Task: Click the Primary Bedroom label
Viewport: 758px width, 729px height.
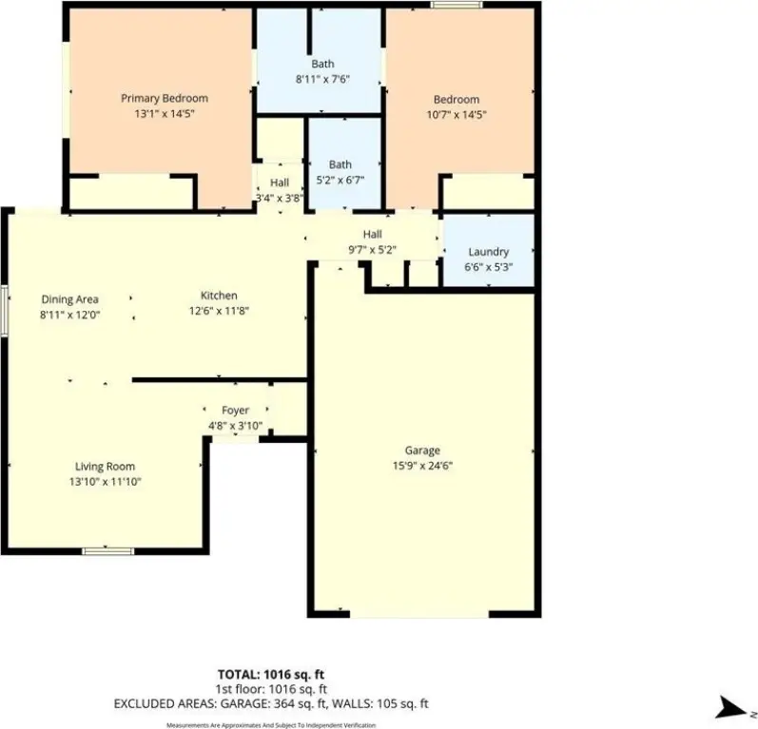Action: (x=165, y=99)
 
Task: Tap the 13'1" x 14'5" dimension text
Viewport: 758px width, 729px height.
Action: (x=165, y=114)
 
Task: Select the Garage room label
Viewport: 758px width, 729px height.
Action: (x=422, y=451)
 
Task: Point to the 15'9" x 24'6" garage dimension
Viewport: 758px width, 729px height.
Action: (x=422, y=466)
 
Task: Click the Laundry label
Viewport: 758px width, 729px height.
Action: (x=488, y=252)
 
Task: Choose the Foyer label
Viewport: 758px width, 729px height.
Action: (x=236, y=411)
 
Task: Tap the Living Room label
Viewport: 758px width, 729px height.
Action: (x=105, y=467)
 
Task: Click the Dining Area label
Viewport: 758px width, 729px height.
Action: (x=70, y=299)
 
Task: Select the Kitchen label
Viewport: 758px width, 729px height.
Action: (x=219, y=296)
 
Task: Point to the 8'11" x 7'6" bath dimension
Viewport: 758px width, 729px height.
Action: (x=322, y=79)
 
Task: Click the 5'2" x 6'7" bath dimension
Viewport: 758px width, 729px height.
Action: (x=340, y=181)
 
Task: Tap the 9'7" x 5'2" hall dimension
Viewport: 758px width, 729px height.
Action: (x=372, y=250)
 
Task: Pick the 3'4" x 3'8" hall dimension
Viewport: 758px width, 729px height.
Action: (x=280, y=198)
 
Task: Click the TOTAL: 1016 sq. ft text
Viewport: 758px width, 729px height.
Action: (x=271, y=675)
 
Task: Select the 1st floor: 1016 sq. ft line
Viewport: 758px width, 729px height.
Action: (x=271, y=689)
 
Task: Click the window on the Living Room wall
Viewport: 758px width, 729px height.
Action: (x=107, y=551)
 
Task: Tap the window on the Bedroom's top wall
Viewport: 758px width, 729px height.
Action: (x=457, y=5)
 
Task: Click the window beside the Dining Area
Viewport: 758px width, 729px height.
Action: (x=4, y=311)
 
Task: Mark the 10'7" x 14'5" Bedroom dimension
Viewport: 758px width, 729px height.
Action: (x=457, y=115)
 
